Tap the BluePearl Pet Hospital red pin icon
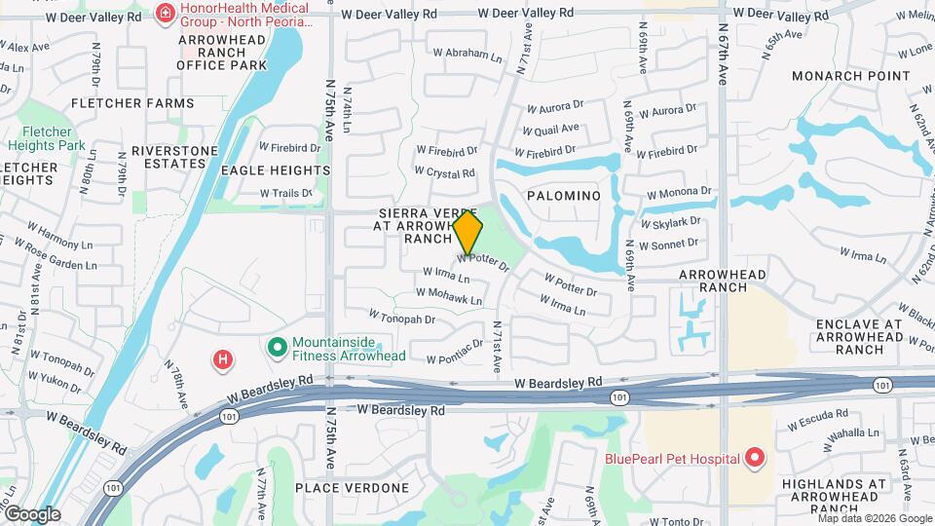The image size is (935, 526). (754, 458)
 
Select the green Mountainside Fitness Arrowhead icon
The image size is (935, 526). (277, 346)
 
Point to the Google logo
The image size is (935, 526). (32, 514)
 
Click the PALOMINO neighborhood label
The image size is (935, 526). (564, 196)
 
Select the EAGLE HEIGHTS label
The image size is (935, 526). (276, 170)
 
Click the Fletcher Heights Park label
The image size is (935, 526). (47, 138)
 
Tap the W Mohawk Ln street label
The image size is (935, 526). (449, 295)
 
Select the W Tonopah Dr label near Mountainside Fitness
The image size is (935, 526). (401, 318)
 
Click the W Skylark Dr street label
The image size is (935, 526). (669, 222)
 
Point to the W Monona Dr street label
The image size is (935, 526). (679, 193)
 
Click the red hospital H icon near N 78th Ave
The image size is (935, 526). (223, 360)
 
